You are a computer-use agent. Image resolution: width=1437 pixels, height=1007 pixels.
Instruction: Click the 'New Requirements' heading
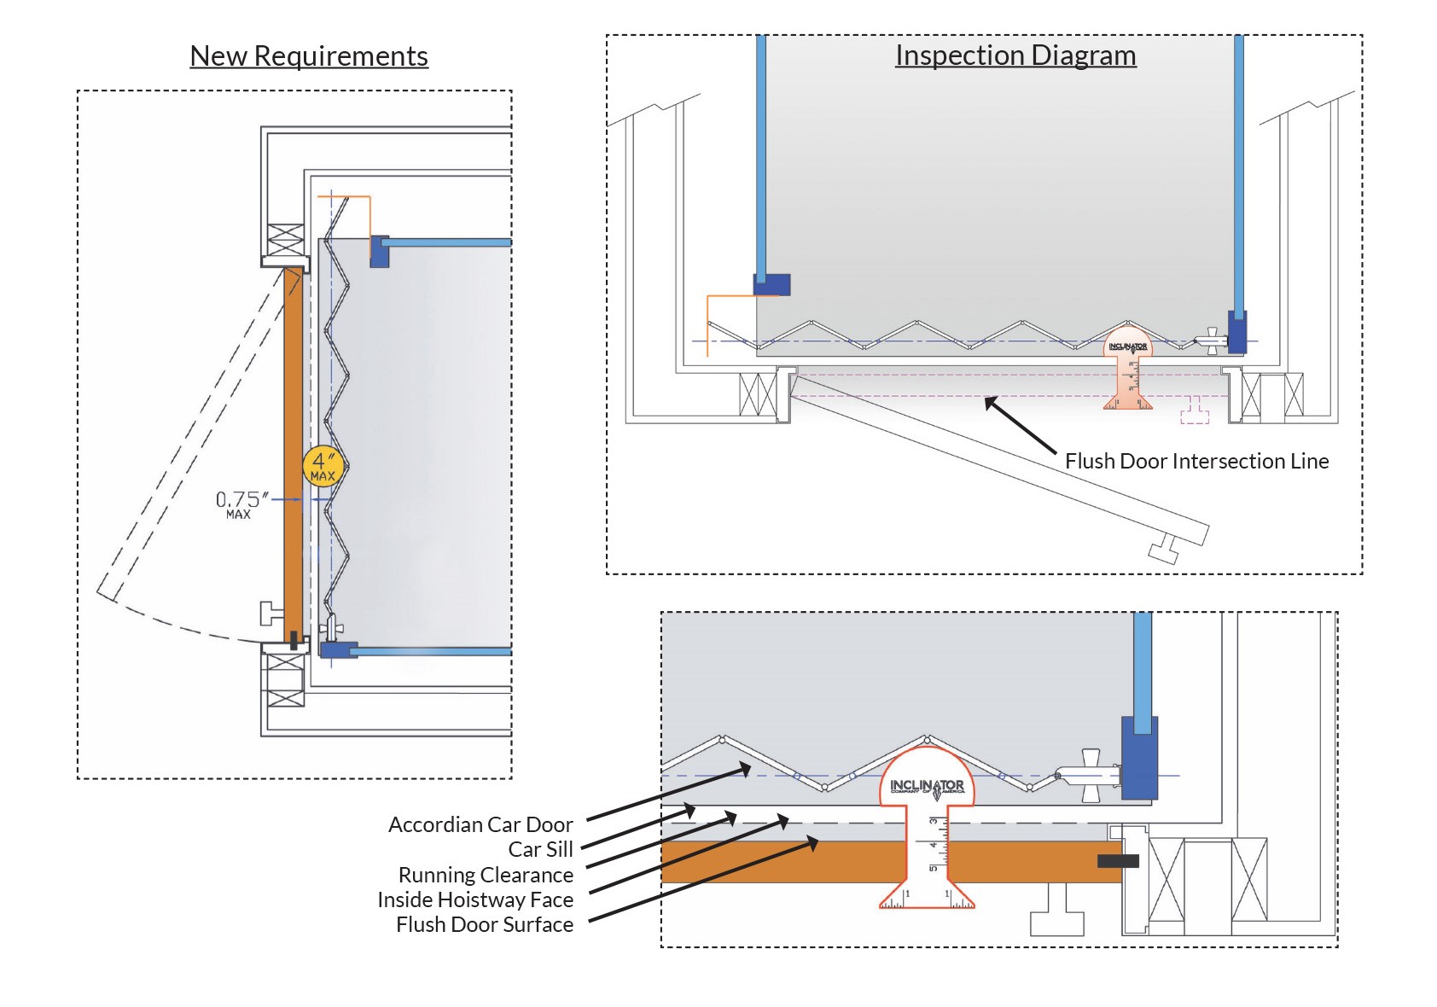click(x=308, y=56)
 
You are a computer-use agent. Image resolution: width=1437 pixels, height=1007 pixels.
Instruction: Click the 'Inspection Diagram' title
click(x=1015, y=55)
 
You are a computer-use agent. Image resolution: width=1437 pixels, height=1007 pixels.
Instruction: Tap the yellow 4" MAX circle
click(x=323, y=467)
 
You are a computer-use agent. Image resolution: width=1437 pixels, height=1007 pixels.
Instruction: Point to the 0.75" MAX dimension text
click(x=241, y=503)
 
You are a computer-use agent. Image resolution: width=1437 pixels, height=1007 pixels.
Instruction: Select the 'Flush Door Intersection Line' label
click(x=1196, y=462)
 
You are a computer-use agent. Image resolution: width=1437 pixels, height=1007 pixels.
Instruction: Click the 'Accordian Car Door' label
click(x=480, y=825)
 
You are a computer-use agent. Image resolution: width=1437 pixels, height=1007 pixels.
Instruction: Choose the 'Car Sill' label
click(x=540, y=850)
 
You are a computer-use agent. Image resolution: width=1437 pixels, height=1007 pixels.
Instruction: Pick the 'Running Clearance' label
click(x=486, y=876)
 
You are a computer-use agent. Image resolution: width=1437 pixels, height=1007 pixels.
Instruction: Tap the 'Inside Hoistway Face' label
click(x=475, y=900)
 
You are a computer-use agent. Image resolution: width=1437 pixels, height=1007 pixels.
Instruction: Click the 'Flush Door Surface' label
click(x=485, y=925)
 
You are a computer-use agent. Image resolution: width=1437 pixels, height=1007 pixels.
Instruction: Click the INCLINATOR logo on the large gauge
click(x=927, y=786)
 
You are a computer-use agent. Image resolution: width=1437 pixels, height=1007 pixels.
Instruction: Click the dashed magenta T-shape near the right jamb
click(x=1195, y=411)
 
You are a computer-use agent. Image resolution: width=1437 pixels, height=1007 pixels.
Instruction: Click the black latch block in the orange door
click(x=1118, y=862)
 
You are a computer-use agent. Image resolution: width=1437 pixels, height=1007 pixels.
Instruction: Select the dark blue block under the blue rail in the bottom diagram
click(x=1139, y=758)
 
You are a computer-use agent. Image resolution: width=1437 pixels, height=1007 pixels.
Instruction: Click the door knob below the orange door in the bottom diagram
click(x=1056, y=913)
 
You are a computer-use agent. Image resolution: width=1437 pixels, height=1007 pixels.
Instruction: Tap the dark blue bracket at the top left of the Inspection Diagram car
click(x=771, y=284)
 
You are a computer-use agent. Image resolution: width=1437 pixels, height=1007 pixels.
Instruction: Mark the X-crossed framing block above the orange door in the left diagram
click(x=285, y=239)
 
